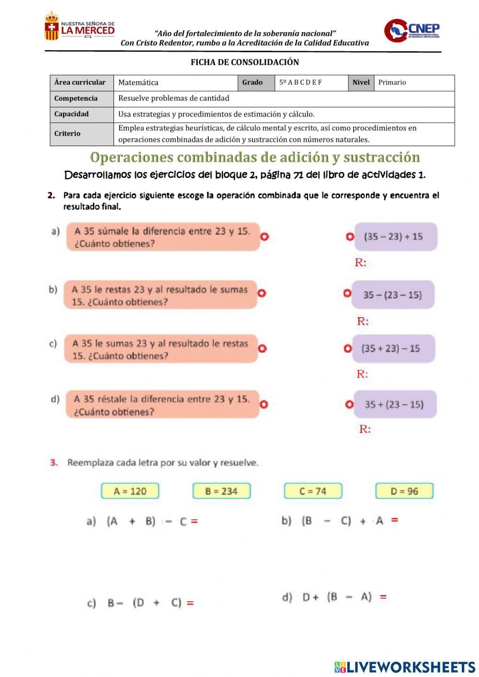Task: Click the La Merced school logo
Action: tap(79, 27)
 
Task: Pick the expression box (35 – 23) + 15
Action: tap(395, 237)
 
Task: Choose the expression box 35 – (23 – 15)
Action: tap(393, 295)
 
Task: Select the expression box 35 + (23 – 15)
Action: tap(395, 404)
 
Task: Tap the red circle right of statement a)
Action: tap(264, 236)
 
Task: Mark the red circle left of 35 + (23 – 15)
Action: tap(349, 404)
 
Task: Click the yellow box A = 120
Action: tap(130, 491)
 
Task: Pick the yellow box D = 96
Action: tap(404, 491)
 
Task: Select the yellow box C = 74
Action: tap(313, 491)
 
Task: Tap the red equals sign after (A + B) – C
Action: tap(194, 521)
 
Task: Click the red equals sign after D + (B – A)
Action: tap(383, 597)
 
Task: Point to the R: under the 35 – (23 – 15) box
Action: tap(363, 321)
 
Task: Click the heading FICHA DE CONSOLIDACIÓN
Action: tap(244, 62)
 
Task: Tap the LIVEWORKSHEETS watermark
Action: tap(405, 667)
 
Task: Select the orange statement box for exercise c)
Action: tap(160, 349)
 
